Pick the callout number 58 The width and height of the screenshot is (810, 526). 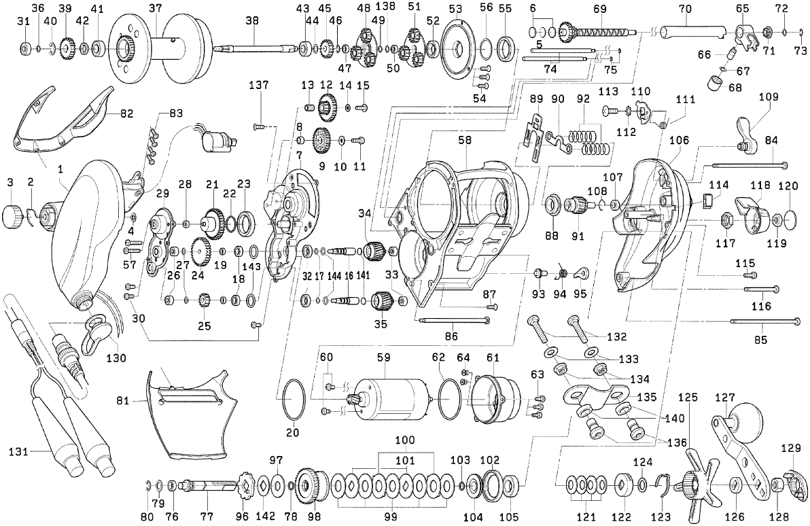click(465, 140)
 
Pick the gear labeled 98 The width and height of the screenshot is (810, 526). click(314, 485)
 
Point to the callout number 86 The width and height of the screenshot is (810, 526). click(451, 335)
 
